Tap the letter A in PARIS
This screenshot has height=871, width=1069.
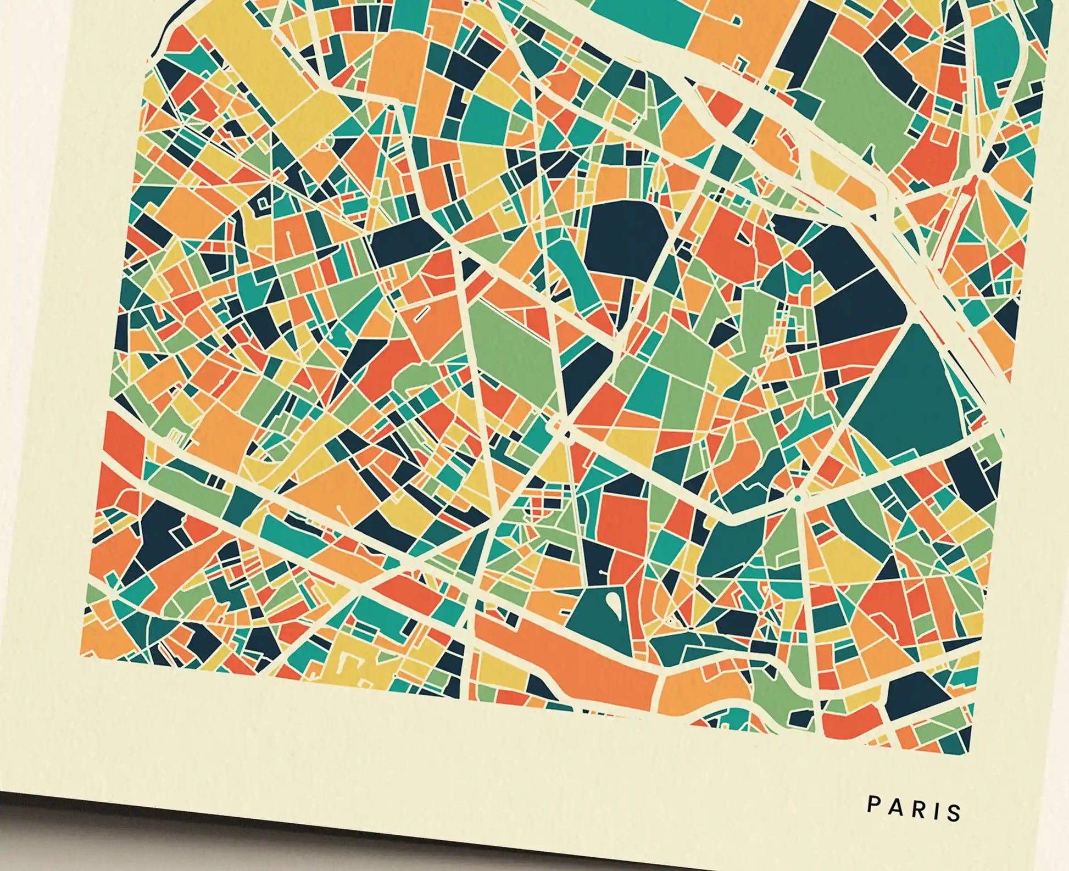893,806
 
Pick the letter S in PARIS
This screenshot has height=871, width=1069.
953,812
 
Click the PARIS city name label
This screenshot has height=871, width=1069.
914,808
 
